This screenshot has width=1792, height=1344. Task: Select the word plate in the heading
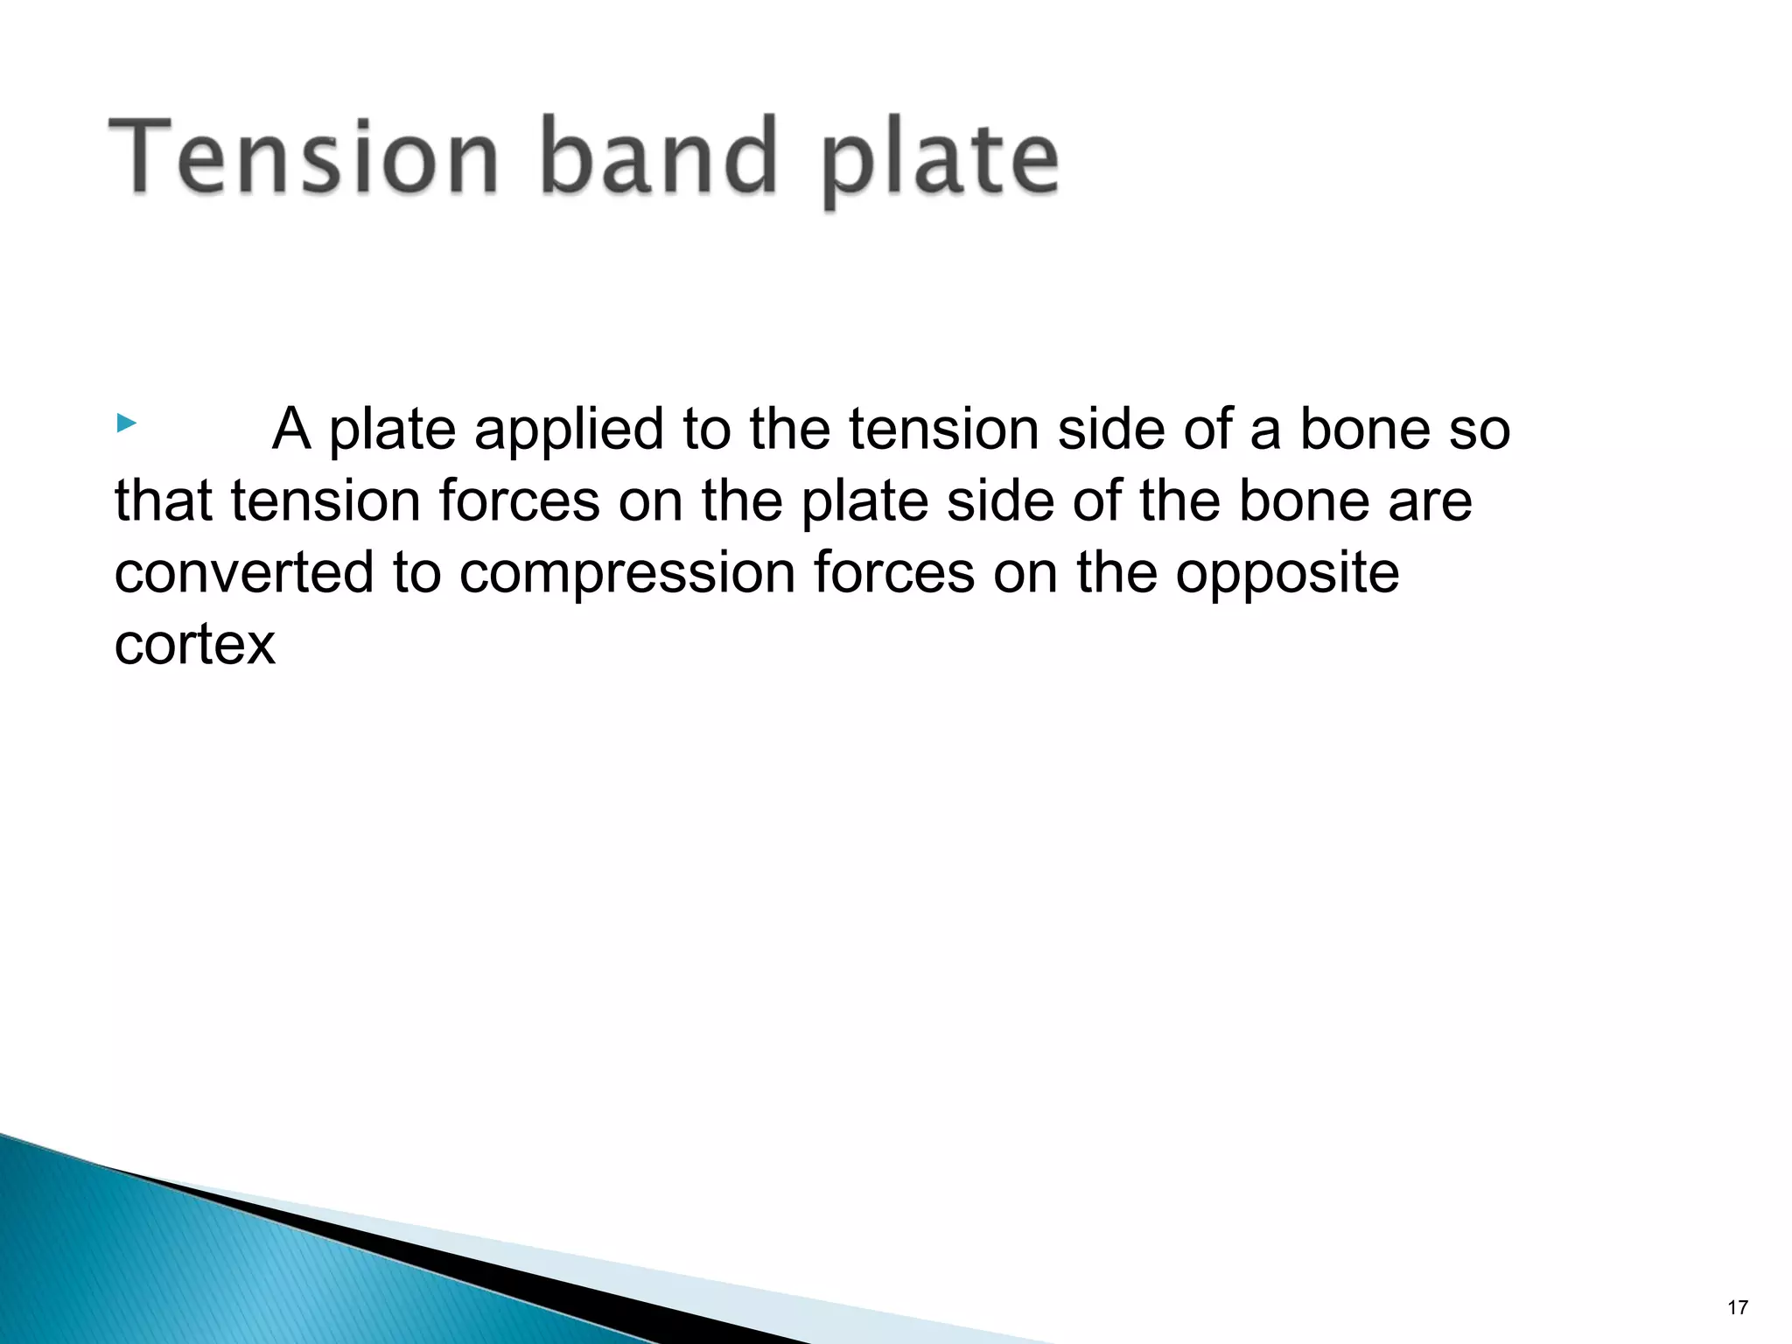(x=940, y=162)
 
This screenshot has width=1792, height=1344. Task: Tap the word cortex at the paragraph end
(x=194, y=645)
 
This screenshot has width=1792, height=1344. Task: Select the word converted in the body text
(x=244, y=573)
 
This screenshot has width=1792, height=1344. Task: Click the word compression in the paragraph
(x=627, y=575)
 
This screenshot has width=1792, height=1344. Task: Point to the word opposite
(x=1286, y=575)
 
